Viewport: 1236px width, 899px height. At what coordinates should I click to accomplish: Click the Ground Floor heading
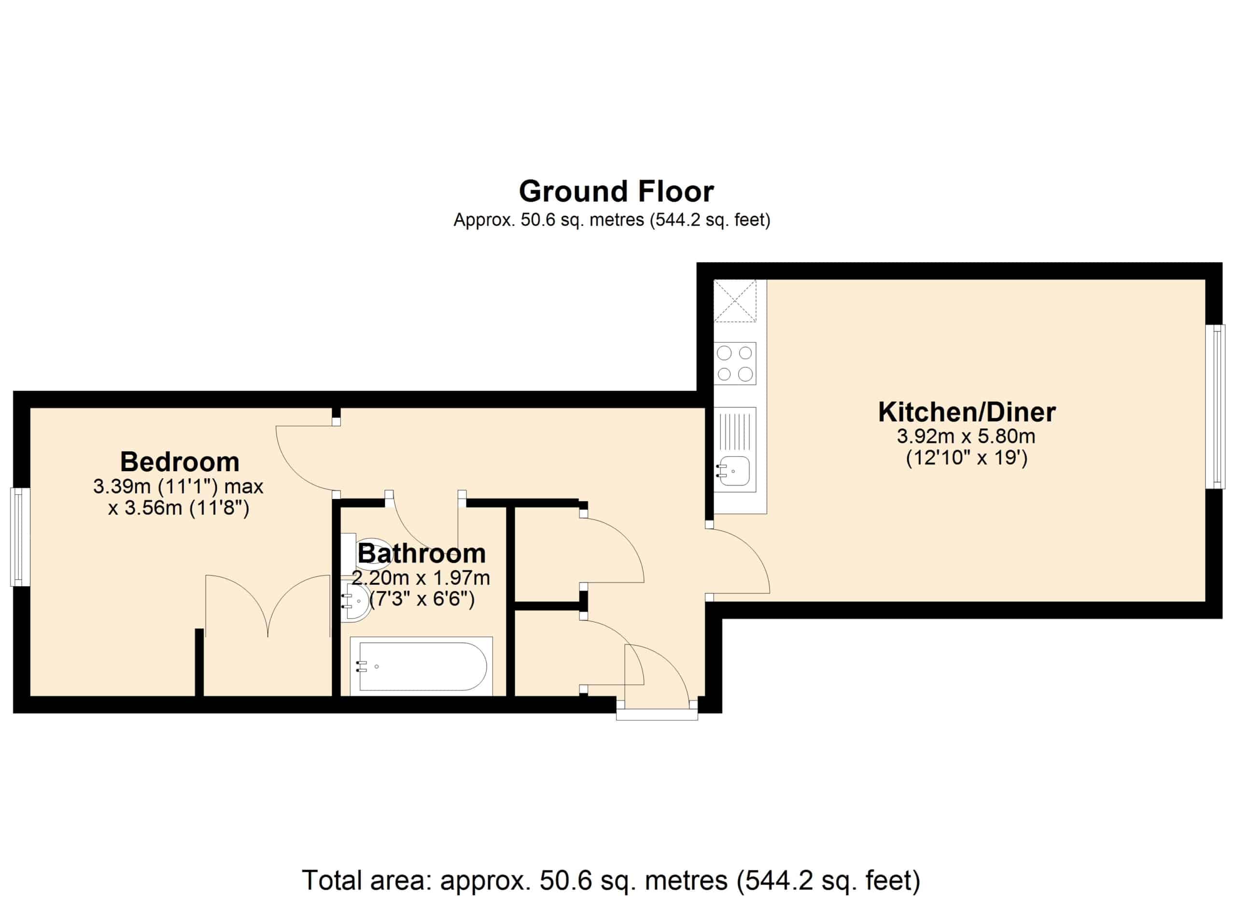click(x=617, y=191)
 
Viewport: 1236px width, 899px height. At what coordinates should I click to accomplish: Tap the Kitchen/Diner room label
click(x=967, y=412)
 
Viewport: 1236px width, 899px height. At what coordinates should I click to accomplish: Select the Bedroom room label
click(x=180, y=462)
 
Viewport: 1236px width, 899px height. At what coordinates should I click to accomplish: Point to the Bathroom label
click(x=422, y=554)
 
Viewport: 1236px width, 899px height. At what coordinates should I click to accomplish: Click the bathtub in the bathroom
click(x=421, y=666)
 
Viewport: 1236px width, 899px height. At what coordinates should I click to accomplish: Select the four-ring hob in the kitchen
click(x=735, y=364)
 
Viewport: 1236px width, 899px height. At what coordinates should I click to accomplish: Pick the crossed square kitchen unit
click(x=735, y=301)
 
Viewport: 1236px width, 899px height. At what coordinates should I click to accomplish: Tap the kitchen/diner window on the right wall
click(x=1215, y=407)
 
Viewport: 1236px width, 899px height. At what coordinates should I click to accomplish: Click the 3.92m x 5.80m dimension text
click(x=966, y=436)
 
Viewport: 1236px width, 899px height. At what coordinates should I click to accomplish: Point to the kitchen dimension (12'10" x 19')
click(x=967, y=458)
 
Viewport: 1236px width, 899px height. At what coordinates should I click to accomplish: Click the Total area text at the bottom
click(x=611, y=880)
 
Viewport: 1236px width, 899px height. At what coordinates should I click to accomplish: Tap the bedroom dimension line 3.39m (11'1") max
click(x=178, y=487)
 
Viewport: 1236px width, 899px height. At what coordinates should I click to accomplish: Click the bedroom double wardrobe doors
click(x=268, y=606)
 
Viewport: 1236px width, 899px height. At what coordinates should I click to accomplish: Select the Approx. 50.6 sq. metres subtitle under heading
click(x=612, y=220)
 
